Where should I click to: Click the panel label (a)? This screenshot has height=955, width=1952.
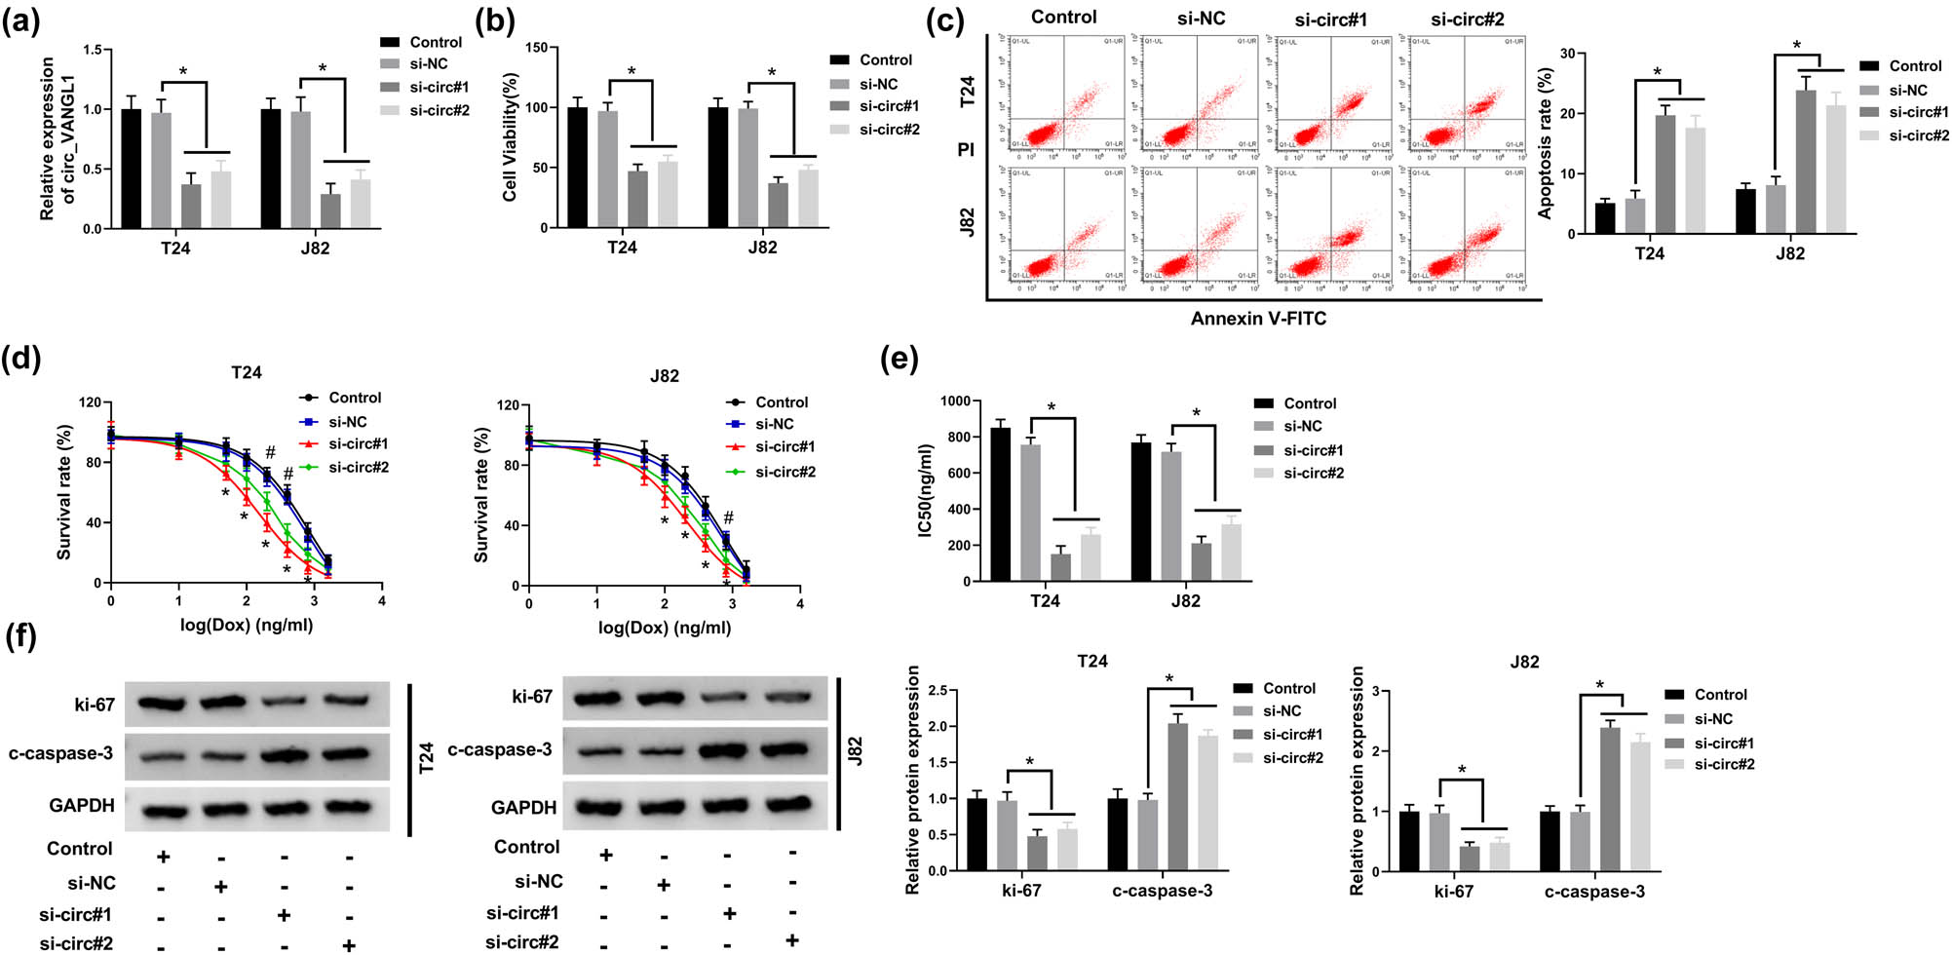tap(20, 20)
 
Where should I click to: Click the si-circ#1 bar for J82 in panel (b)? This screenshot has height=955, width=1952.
tap(778, 205)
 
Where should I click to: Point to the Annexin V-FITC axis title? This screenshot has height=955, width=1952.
tap(1257, 319)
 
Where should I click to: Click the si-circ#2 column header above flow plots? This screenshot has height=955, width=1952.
tap(1467, 19)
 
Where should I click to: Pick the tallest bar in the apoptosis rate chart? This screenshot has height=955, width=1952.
tap(1806, 162)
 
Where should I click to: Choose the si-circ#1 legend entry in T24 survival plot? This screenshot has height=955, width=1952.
tap(358, 444)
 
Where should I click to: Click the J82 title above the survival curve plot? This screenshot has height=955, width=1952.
tap(664, 376)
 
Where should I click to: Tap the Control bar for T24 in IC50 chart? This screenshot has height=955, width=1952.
tap(1000, 504)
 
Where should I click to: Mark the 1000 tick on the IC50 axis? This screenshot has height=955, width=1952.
tap(954, 401)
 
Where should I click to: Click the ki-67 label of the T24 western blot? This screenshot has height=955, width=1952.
tap(94, 705)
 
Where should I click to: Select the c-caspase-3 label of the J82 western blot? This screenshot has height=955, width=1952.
tap(499, 749)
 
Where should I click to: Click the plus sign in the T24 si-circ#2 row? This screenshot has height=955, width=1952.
tap(348, 944)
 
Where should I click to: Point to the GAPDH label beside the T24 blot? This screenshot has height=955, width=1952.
tap(82, 806)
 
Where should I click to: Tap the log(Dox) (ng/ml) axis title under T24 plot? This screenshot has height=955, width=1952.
tap(246, 625)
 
